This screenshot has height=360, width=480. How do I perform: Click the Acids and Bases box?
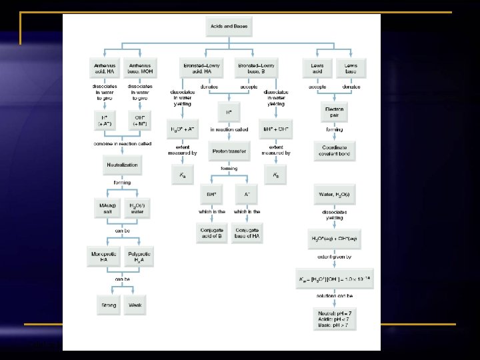pyautogui.click(x=228, y=26)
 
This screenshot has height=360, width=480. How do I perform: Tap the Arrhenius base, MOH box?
pyautogui.click(x=139, y=67)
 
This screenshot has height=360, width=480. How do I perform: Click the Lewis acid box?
pyautogui.click(x=317, y=67)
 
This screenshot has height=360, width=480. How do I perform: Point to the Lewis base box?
pyautogui.click(x=351, y=67)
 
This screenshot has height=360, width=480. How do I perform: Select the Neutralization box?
pyautogui.click(x=122, y=165)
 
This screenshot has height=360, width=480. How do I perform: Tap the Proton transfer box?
pyautogui.click(x=229, y=151)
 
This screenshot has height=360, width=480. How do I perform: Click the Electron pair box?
pyautogui.click(x=334, y=112)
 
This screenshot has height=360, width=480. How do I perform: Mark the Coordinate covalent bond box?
pyautogui.click(x=334, y=151)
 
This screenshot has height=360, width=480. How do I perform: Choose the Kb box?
pyautogui.click(x=275, y=176)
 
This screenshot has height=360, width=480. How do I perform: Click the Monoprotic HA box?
pyautogui.click(x=105, y=257)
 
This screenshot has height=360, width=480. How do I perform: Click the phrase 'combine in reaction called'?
pyautogui.click(x=123, y=144)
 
